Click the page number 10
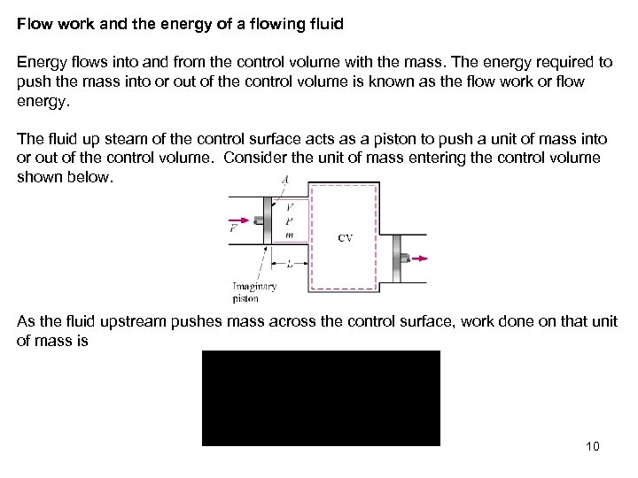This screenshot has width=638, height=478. tap(593, 446)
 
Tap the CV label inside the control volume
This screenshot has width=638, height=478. tap(346, 238)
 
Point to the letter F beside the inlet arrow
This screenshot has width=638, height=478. tap(233, 228)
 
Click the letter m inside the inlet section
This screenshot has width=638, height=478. tap(289, 235)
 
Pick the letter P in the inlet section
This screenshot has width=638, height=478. tap(289, 222)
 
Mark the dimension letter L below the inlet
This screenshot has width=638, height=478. tap(290, 264)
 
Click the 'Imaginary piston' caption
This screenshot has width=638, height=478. tap(254, 291)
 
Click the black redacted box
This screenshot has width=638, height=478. tap(321, 397)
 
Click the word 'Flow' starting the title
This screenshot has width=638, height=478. tap(33, 25)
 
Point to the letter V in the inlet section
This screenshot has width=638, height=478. tap(289, 209)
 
